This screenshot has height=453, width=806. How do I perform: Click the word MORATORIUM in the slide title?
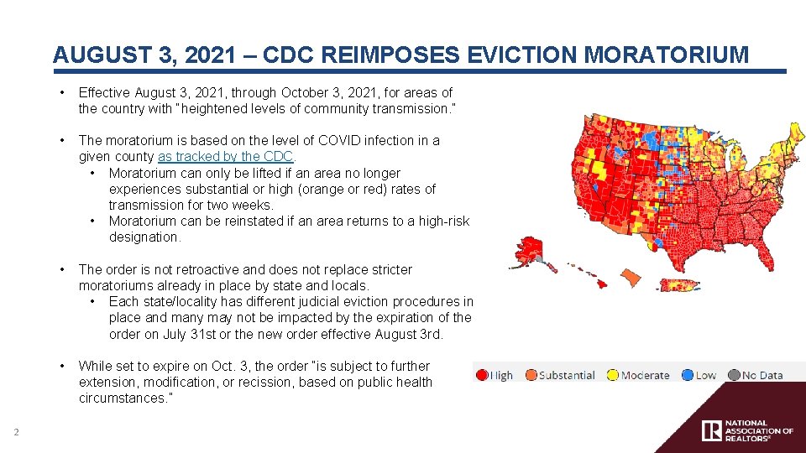point(667,55)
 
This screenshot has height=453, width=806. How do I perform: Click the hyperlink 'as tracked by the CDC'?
point(226,157)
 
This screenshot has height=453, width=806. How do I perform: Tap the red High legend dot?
point(482,375)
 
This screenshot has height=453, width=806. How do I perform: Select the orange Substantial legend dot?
point(531,375)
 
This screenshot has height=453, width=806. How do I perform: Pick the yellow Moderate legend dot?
point(613,375)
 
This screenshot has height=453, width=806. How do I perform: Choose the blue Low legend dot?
point(688,375)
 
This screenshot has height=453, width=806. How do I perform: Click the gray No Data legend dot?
point(734,375)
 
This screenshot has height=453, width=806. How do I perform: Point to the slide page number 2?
point(15,432)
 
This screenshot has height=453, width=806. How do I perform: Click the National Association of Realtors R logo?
point(711,431)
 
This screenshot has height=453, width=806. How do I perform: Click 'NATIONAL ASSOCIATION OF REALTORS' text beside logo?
point(757,431)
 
